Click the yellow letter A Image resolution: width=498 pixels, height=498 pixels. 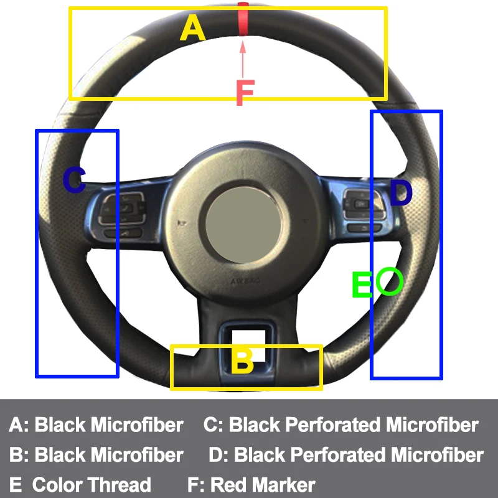[x=192, y=29]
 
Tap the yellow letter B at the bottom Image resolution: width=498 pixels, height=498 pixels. [x=242, y=361]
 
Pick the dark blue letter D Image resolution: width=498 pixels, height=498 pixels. [x=400, y=194]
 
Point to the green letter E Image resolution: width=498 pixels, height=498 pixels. [x=361, y=285]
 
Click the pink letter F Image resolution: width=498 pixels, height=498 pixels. [x=245, y=93]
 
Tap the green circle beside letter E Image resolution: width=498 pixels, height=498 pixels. [x=390, y=281]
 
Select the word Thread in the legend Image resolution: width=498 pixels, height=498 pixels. [x=120, y=484]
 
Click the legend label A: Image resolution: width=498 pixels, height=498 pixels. [x=19, y=425]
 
